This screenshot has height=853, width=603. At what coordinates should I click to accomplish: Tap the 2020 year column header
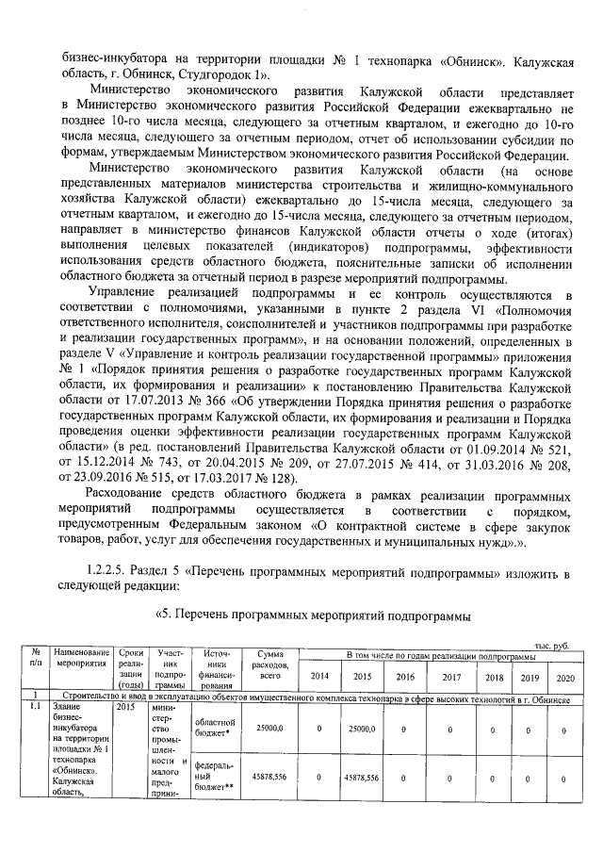[564, 677]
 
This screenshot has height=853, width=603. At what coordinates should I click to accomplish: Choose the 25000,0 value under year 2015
[362, 729]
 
